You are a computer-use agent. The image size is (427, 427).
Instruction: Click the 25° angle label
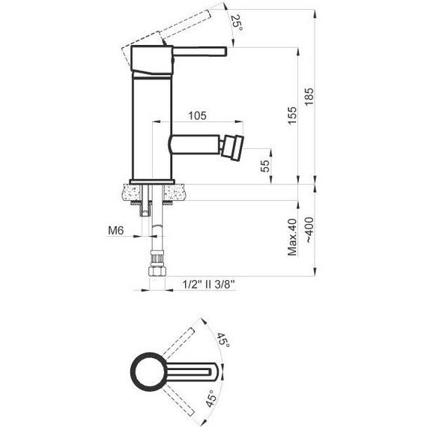point(237,22)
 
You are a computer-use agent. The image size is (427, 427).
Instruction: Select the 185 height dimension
point(309,97)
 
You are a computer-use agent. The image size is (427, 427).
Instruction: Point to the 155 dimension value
point(292,115)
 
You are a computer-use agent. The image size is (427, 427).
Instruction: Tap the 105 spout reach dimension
point(198,115)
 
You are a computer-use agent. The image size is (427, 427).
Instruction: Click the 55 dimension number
point(265,166)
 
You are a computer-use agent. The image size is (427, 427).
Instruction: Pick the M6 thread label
point(115,231)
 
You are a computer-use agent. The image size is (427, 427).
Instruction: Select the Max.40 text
point(292,237)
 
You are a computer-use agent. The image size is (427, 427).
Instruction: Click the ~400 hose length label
point(309,230)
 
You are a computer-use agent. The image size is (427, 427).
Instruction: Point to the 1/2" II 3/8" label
point(208,285)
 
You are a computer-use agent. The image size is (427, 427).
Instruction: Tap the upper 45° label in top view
point(223,339)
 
